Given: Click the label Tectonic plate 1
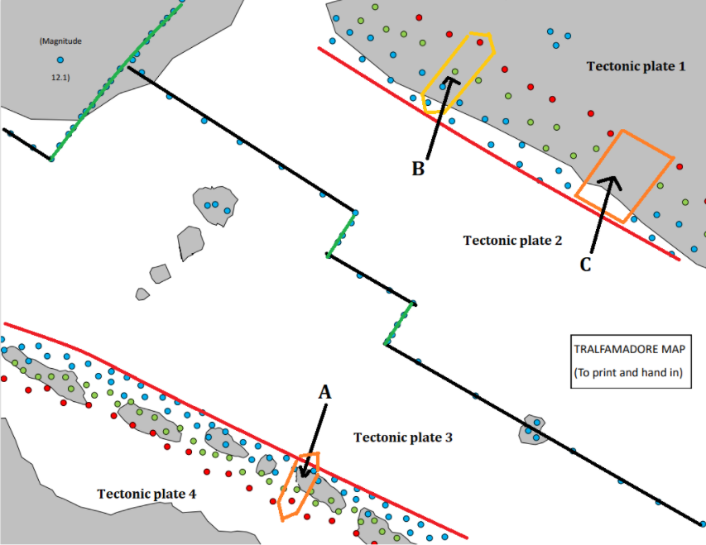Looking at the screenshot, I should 636,65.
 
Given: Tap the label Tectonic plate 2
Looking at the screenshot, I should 512,241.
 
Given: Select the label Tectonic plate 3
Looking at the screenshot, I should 402,437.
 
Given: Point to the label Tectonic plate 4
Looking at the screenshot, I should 146,494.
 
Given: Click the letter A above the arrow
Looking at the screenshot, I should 325,394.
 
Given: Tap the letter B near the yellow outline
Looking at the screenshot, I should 419,169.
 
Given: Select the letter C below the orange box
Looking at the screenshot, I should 585,265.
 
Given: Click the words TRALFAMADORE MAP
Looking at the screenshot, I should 628,348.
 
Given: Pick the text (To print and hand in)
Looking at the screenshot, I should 628,372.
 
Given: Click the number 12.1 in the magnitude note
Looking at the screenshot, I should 60,78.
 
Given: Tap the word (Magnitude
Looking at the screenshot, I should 60,41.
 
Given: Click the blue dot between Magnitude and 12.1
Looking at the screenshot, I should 60,60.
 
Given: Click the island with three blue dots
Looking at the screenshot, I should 214,205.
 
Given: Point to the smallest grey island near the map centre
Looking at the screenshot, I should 142,294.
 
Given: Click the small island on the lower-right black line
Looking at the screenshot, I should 532,429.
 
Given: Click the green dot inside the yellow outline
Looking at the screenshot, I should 454,72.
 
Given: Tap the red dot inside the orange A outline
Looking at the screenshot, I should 291,500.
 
